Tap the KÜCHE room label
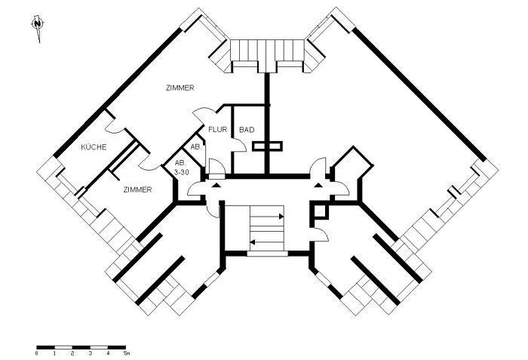pos(94,146)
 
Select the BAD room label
pos(247,130)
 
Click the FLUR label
pos(218,130)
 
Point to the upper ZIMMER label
pos(180,88)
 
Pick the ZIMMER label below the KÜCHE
pos(138,189)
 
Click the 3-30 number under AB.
pos(181,172)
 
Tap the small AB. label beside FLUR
pos(195,146)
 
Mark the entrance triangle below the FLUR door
pos(216,183)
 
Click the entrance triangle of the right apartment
pos(327,183)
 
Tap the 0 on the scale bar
pos(37,353)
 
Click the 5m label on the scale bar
pos(127,353)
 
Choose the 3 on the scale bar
pos(90,353)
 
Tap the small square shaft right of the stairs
pos(319,211)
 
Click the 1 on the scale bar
pos(54,353)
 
